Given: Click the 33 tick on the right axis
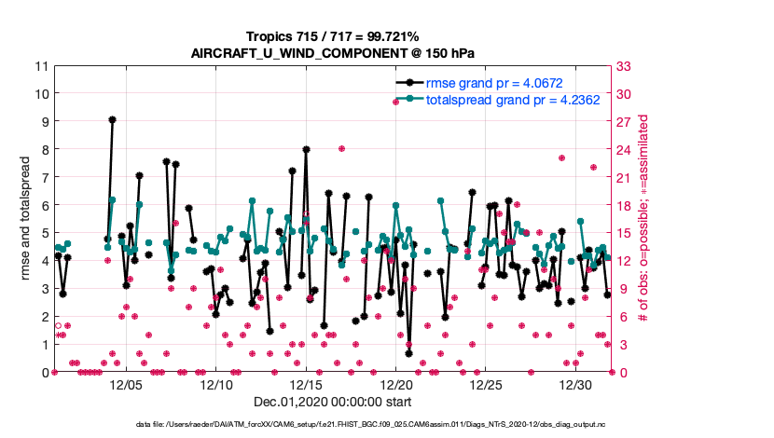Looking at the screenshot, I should point(620,66).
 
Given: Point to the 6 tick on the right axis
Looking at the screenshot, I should point(617,316).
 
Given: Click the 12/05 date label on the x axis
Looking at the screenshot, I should point(126,384).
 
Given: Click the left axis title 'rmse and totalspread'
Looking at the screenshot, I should point(27,219).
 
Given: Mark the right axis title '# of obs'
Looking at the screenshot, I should point(644,219).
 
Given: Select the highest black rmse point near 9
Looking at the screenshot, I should point(112,119).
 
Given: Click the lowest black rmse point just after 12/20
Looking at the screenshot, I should point(408,353).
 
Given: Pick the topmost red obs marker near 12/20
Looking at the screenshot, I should point(395,102).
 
